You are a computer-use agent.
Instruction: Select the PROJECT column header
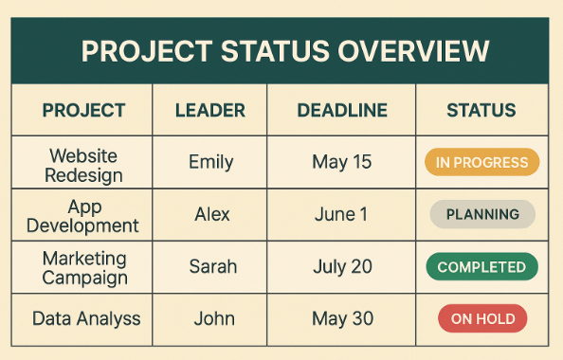pyautogui.click(x=83, y=110)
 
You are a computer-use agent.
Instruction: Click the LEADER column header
pyautogui.click(x=211, y=110)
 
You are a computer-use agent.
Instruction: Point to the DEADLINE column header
pyautogui.click(x=342, y=110)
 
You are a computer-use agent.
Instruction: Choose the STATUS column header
pyautogui.click(x=481, y=110)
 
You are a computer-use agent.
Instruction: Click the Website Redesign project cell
pyautogui.click(x=85, y=164)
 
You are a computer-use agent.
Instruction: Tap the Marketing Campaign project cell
pyautogui.click(x=84, y=267)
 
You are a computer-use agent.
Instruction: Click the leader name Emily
pyautogui.click(x=211, y=162)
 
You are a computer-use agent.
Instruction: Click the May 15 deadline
pyautogui.click(x=342, y=162)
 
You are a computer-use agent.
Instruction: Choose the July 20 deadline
pyautogui.click(x=342, y=266)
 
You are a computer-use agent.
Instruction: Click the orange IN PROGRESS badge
pyautogui.click(x=481, y=162)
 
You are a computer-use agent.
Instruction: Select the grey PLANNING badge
pyautogui.click(x=482, y=214)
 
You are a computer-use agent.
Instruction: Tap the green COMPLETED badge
pyautogui.click(x=481, y=267)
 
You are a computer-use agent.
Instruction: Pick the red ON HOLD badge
pyautogui.click(x=482, y=318)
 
